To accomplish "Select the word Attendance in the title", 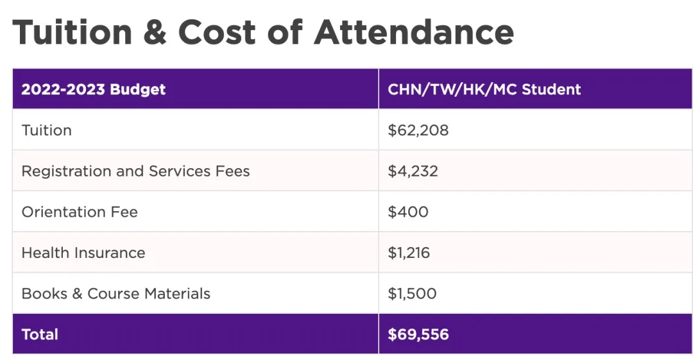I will pos(414,31).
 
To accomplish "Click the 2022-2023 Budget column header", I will pos(94,89).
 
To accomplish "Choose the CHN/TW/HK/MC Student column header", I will pos(484,89).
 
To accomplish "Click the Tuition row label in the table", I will pos(47,130).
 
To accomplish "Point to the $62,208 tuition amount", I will pos(418,130).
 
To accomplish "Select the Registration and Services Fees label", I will pos(135,171).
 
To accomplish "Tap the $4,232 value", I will pos(413,171).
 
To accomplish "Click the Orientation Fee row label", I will pos(80,212).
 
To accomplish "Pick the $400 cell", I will pos(408,212).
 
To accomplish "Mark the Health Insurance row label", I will pos(83,253).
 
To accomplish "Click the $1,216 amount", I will pos(409,253).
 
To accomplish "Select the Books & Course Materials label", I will pos(116,294).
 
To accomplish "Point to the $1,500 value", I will pos(412,294).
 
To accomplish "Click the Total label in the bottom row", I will pos(40,334).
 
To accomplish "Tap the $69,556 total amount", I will pos(418,334).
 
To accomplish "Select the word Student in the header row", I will pos(551,89).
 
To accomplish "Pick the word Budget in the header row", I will pos(138,89).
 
